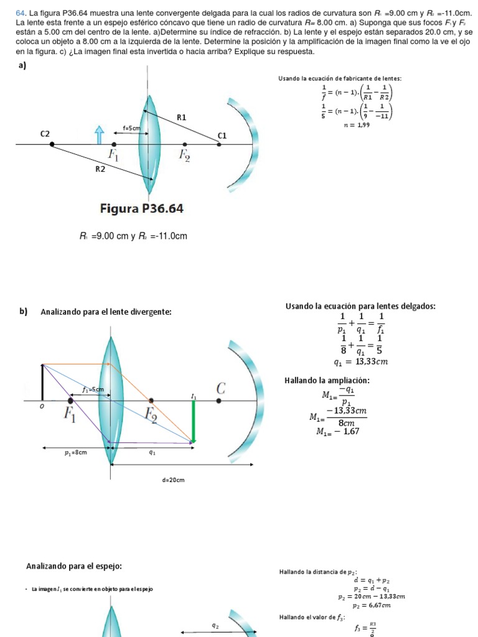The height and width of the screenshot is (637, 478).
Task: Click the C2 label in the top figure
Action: click(45, 133)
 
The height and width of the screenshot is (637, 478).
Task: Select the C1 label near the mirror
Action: click(222, 136)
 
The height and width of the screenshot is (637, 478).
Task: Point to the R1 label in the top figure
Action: click(182, 117)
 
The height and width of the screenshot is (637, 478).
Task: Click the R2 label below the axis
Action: click(100, 168)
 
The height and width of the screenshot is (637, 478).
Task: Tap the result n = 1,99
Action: click(357, 125)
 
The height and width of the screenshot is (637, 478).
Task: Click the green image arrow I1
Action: click(194, 422)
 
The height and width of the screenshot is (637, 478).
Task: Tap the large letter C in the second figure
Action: click(221, 389)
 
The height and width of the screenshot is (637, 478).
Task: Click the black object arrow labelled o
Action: click(42, 383)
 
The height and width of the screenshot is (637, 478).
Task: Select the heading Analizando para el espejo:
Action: click(74, 565)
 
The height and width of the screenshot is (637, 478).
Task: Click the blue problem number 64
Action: click(20, 12)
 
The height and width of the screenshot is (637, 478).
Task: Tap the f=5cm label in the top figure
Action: click(131, 128)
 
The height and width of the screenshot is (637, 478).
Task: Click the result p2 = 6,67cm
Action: click(372, 605)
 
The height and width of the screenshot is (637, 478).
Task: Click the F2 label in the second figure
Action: click(151, 413)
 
